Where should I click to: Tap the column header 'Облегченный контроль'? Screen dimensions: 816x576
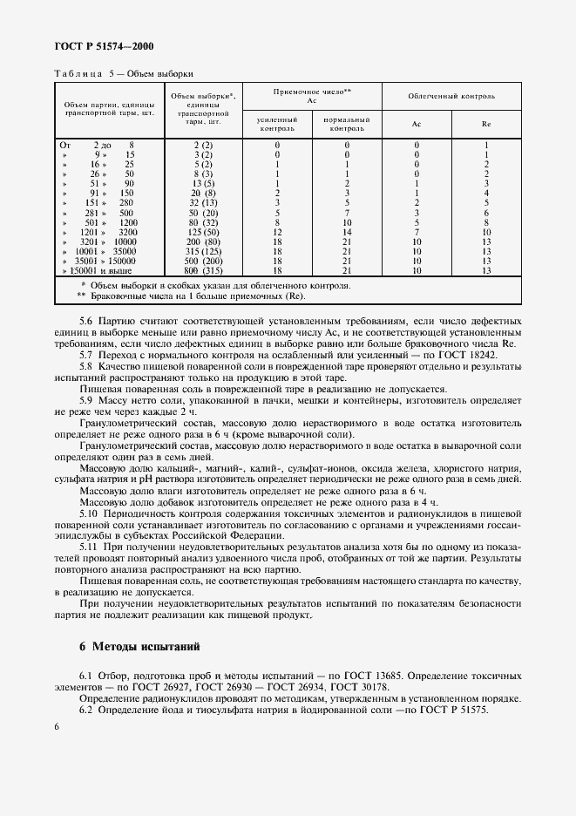[451, 95]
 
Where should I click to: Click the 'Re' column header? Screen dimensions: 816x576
[485, 124]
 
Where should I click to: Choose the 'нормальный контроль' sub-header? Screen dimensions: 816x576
[346, 124]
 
